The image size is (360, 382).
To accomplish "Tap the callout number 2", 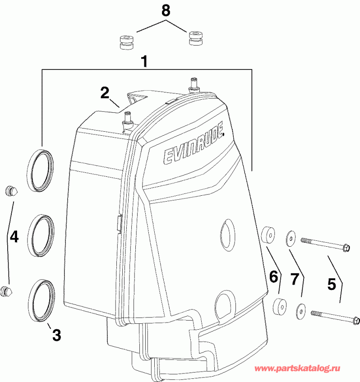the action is click(x=105, y=93).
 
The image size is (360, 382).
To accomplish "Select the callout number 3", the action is click(x=56, y=335).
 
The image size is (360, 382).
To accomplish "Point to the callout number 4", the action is click(x=14, y=236).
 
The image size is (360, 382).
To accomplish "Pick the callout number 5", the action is click(x=332, y=284).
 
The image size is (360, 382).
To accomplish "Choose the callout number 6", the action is click(x=274, y=276).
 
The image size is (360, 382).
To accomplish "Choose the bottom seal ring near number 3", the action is click(x=41, y=300).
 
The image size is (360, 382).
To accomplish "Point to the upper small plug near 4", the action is click(x=10, y=191).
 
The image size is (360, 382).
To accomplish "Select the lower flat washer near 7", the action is click(x=300, y=310).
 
